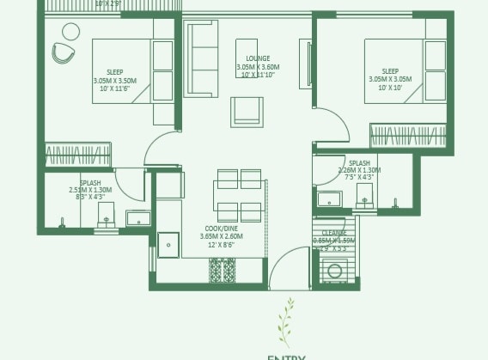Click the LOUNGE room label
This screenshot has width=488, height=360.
pyautogui.click(x=257, y=58)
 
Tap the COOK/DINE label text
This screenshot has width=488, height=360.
pyautogui.click(x=221, y=229)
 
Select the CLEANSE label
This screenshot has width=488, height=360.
pyautogui.click(x=334, y=233)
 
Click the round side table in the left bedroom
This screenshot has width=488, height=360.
pyautogui.click(x=70, y=32)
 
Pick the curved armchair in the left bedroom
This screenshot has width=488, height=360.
pyautogui.click(x=63, y=53)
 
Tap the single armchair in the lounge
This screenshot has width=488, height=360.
pyautogui.click(x=247, y=110)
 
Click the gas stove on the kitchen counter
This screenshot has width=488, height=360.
pyautogui.click(x=223, y=271)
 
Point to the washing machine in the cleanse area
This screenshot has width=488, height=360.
pyautogui.click(x=335, y=272)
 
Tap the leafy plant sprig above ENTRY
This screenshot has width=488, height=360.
pyautogui.click(x=285, y=324)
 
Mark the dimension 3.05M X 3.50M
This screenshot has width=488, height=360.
pyautogui.click(x=114, y=81)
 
